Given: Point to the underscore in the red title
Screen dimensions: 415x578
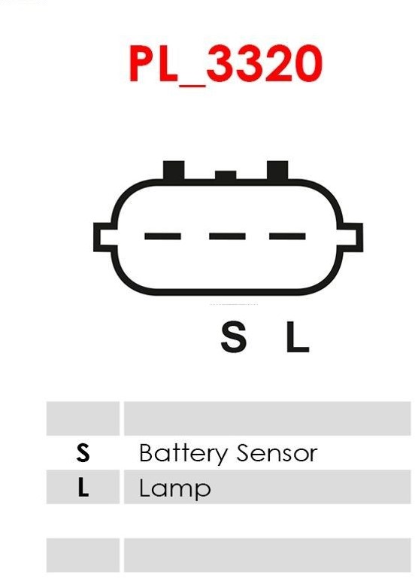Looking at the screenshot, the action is [192, 85].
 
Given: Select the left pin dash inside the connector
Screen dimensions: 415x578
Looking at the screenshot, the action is [162, 236].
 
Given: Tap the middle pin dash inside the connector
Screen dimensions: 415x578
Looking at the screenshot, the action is [227, 236].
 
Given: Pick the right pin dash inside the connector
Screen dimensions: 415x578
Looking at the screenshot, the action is [287, 236].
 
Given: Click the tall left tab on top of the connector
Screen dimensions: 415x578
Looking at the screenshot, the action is [174, 170].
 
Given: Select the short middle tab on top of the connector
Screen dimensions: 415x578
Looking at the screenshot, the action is [226, 175].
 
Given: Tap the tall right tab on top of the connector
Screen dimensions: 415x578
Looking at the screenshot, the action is [277, 170].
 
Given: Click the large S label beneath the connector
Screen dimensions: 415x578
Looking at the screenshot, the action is [234, 336].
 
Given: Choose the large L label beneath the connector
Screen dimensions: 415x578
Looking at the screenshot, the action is [298, 336].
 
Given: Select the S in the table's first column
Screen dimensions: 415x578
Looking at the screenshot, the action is [83, 452].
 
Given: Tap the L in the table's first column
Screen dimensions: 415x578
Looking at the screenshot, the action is [83, 487].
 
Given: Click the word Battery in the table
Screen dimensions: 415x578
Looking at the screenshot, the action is [183, 454].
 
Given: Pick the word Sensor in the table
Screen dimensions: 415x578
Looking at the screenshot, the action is [277, 453].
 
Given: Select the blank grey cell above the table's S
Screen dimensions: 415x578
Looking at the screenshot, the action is [83, 418].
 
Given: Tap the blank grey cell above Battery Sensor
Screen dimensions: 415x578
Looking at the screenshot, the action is [268, 418].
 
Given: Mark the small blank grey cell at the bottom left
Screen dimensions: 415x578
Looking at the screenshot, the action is [83, 555].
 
